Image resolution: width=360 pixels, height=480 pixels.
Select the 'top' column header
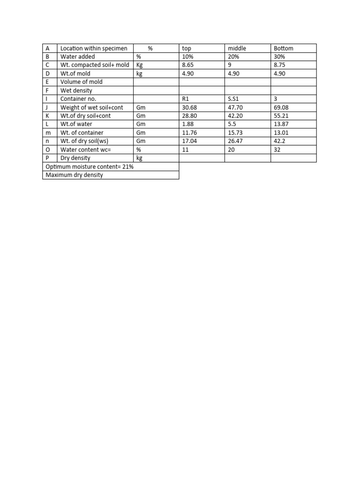186,48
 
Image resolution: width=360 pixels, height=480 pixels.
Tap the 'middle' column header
237,48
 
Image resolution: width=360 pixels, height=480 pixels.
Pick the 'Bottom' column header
284,48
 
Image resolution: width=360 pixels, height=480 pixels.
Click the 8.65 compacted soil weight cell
187,65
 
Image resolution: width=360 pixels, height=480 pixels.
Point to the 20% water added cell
233,57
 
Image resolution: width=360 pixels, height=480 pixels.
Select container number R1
185,99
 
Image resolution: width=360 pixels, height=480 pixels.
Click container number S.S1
233,99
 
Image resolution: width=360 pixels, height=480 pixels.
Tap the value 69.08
281,107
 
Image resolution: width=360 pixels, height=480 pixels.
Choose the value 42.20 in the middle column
235,116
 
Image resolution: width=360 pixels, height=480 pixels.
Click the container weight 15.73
235,133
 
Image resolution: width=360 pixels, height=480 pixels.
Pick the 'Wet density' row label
76,90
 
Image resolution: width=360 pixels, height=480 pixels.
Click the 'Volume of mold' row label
81,82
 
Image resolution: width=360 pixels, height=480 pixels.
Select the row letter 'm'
48,133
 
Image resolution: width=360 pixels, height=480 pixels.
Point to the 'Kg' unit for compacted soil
139,65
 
